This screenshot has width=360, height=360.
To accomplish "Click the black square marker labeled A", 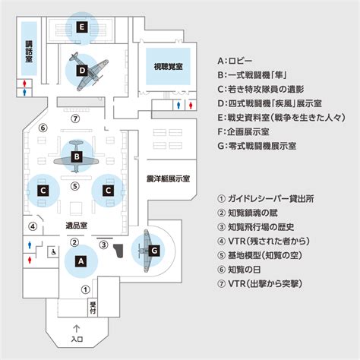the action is coord(81,261).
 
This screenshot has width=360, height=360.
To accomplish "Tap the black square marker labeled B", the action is coord(77,156).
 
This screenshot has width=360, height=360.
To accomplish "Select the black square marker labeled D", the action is coord(82,71).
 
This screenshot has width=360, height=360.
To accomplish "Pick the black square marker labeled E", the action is coord(82,27).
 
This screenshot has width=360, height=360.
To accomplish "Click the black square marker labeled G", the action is coord(154,251).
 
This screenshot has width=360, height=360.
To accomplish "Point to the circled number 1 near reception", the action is coord(85,289).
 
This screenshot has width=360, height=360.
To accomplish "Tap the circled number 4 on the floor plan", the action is coord(33,226).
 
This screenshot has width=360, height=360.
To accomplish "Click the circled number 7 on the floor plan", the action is coord(75,118).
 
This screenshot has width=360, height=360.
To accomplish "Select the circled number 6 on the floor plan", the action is coord(43,128).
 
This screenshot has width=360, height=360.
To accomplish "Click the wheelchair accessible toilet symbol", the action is coord(53,252).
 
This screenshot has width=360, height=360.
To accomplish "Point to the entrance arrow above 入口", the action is coord(77,329).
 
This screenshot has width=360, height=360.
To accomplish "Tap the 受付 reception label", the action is coord(93,308).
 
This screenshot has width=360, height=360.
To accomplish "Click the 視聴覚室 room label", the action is coord(168,67).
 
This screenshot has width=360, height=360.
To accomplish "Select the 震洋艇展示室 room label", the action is coord(168,178).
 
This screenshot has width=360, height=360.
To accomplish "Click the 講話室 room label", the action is coord(29,52).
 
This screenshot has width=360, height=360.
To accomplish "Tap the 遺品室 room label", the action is coord(77,226).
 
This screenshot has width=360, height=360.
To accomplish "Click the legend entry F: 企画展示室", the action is coord(243,131).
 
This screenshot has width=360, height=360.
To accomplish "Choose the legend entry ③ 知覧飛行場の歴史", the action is coord(256,227).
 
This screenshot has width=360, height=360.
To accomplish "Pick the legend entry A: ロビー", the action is coord(235,61).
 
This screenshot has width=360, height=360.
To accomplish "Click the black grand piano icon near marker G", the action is coord(118,251).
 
